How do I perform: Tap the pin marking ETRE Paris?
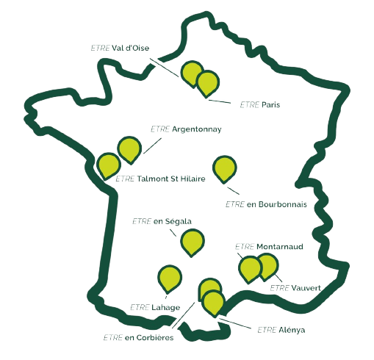[208, 83]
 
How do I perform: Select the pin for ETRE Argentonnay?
[129, 149]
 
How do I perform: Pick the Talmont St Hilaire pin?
[109, 165]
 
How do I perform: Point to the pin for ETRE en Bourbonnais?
[224, 168]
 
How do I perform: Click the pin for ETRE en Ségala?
[193, 241]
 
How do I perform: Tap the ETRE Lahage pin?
[170, 278]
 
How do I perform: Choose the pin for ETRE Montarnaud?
[249, 268]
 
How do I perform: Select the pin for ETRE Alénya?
[214, 302]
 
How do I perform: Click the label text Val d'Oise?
[130, 48]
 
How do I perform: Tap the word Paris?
[270, 104]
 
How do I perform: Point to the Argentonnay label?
[197, 129]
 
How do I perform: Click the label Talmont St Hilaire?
[171, 179]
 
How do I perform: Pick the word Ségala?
[179, 221]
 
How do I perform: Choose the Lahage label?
[166, 307]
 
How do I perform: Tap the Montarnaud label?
[280, 246]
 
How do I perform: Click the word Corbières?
[155, 337]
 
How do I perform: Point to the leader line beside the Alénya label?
[235, 323]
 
